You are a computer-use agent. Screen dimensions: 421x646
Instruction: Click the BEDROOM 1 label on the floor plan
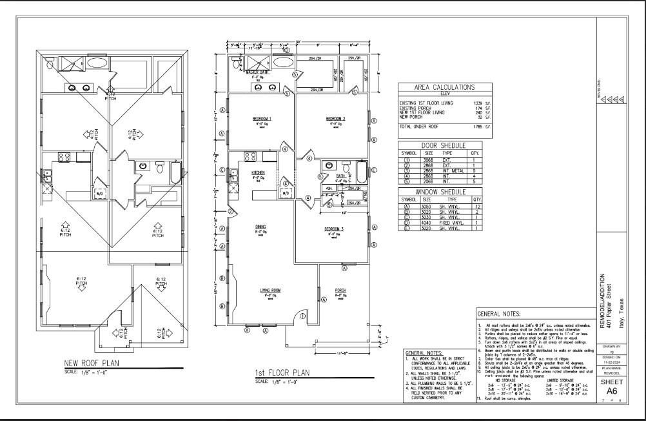click(261, 119)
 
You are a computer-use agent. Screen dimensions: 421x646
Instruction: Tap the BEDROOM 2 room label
click(335, 119)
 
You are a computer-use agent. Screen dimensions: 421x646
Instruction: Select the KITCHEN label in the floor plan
click(258, 173)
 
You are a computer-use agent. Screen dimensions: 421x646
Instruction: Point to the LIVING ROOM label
click(270, 291)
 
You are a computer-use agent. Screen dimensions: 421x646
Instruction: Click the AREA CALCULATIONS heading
click(444, 87)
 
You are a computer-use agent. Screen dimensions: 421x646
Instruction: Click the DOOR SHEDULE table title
click(444, 146)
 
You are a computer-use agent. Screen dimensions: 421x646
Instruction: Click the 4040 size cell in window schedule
click(427, 223)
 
